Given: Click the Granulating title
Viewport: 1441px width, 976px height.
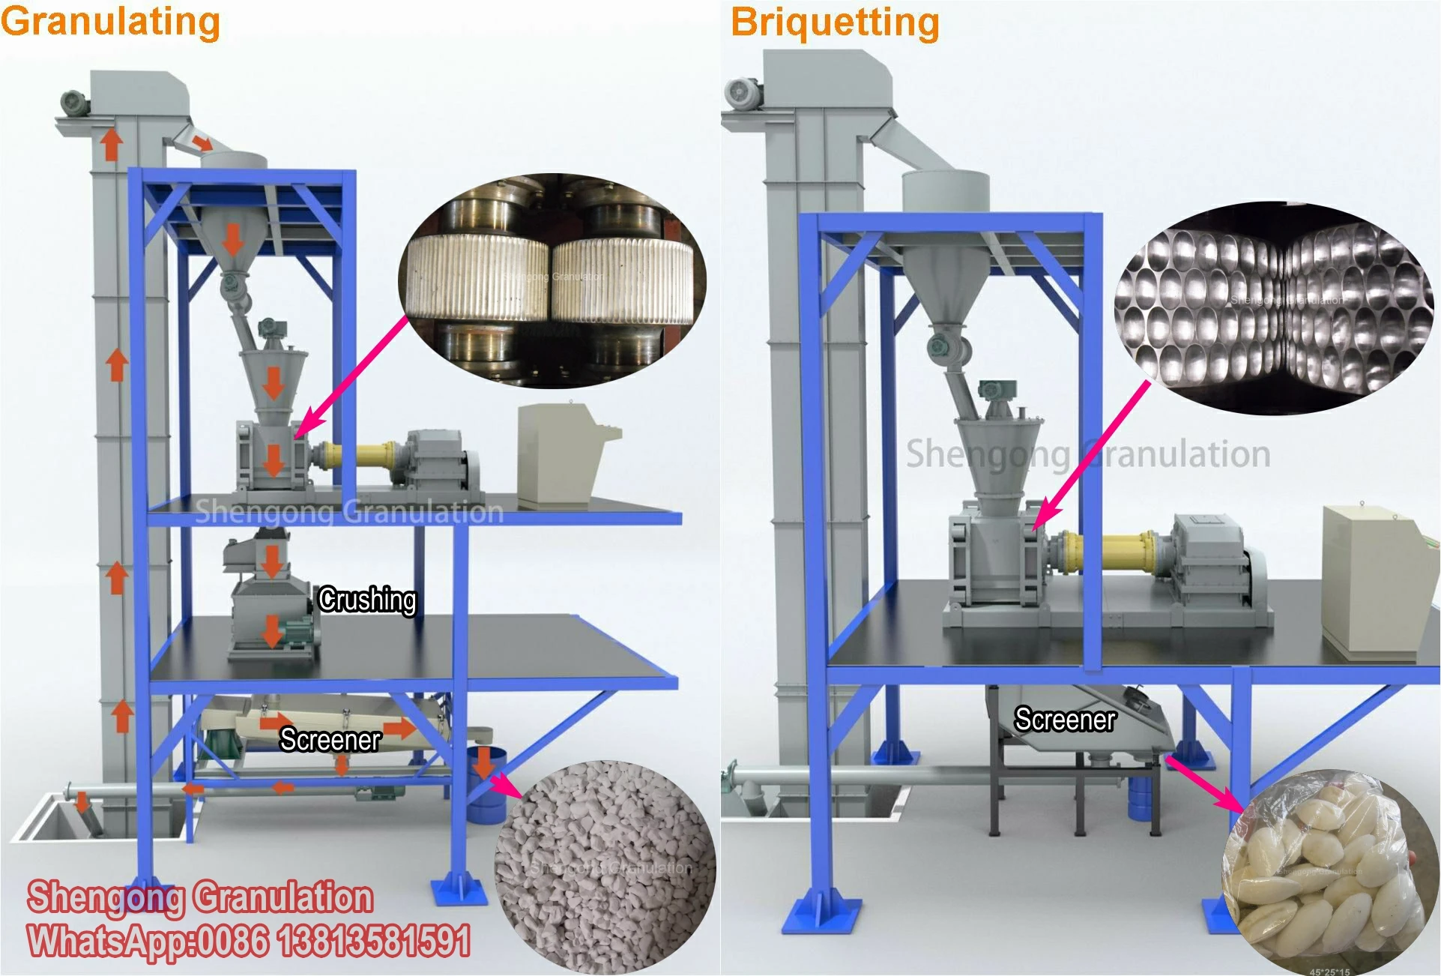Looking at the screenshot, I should click(x=110, y=21).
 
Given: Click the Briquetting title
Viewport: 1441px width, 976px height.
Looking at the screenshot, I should click(x=835, y=22).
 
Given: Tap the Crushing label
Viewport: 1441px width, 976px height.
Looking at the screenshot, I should click(x=366, y=600).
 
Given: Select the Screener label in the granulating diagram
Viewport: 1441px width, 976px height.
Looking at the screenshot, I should click(x=330, y=740).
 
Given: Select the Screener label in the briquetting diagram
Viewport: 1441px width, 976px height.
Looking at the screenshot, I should click(x=1065, y=720).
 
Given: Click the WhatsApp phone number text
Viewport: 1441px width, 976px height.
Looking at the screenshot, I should click(x=249, y=941).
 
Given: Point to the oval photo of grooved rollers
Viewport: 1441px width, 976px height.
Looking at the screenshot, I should click(x=552, y=281).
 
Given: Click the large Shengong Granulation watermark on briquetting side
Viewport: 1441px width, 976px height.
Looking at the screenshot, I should click(x=1087, y=454).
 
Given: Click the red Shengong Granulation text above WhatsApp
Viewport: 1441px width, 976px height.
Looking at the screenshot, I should click(x=200, y=897).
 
